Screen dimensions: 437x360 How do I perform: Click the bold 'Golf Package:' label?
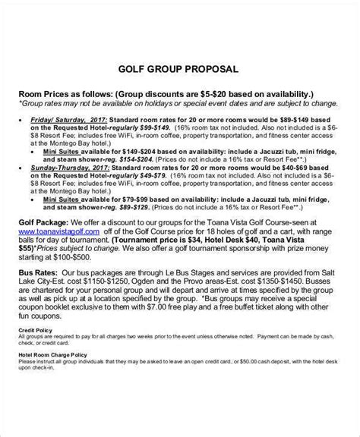tap(47, 225)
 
